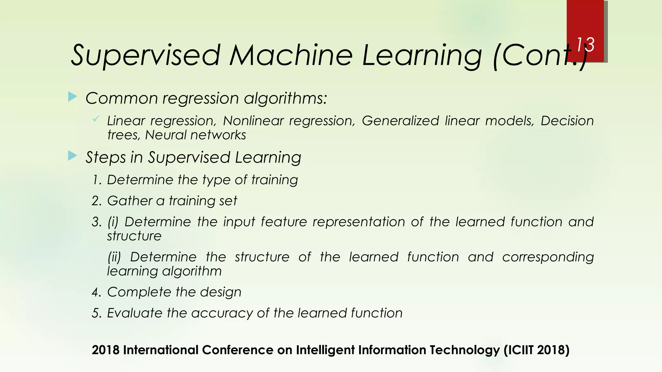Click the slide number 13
point(585,45)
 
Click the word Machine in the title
point(291,55)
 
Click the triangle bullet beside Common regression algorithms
point(73,97)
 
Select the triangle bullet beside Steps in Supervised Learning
point(73,156)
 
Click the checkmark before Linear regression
point(96,119)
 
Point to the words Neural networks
point(195,135)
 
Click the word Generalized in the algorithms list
point(400,121)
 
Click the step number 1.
point(97,180)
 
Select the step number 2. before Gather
point(97,201)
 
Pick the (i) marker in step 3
point(113,222)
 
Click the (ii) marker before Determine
point(114,257)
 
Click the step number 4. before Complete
point(97,293)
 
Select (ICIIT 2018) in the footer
point(536,350)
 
